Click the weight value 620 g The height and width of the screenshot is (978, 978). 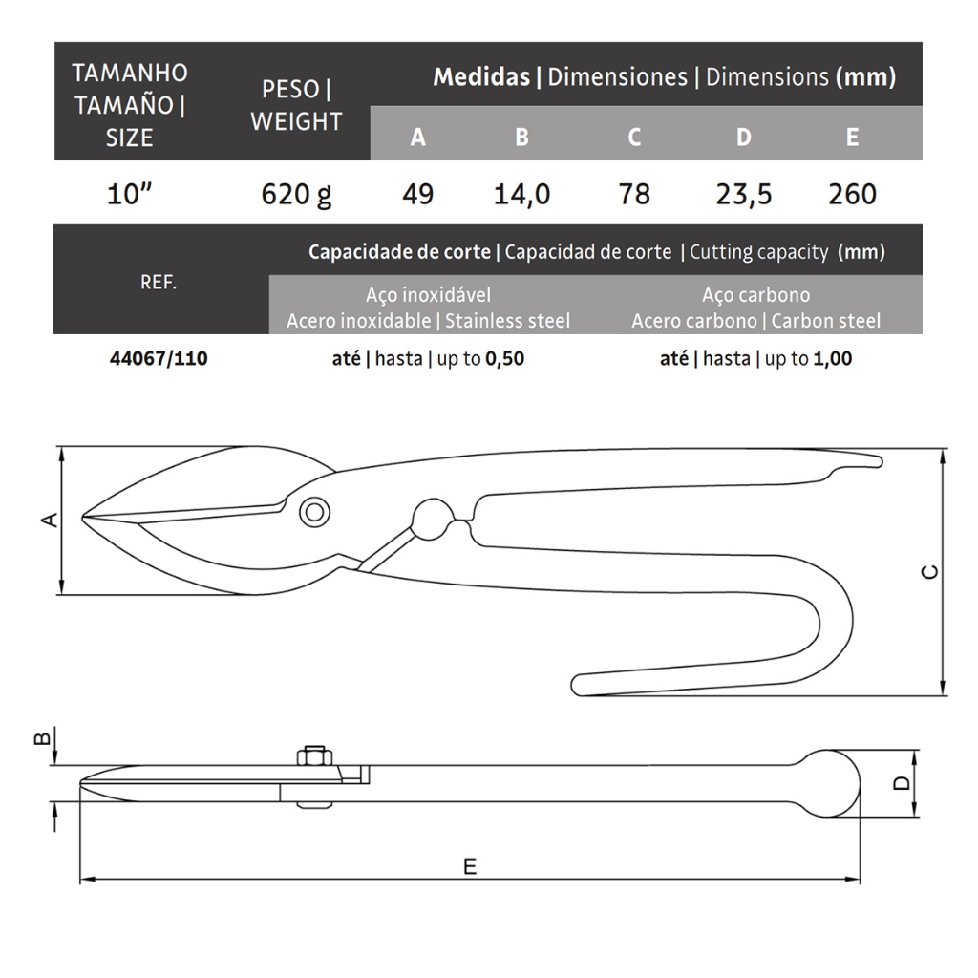coord(296,194)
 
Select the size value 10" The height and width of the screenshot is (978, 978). coord(129,194)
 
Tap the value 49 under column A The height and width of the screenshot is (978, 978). coord(417,194)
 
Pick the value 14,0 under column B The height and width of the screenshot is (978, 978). coord(521,195)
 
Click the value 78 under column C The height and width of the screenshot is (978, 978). coord(634,194)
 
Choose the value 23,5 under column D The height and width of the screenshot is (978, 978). coord(743,195)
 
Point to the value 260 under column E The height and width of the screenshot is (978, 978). coord(852,194)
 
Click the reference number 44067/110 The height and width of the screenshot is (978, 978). coord(159,359)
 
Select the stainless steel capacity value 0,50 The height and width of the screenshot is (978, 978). coord(504,359)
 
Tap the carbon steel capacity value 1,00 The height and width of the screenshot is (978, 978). coord(833,359)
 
